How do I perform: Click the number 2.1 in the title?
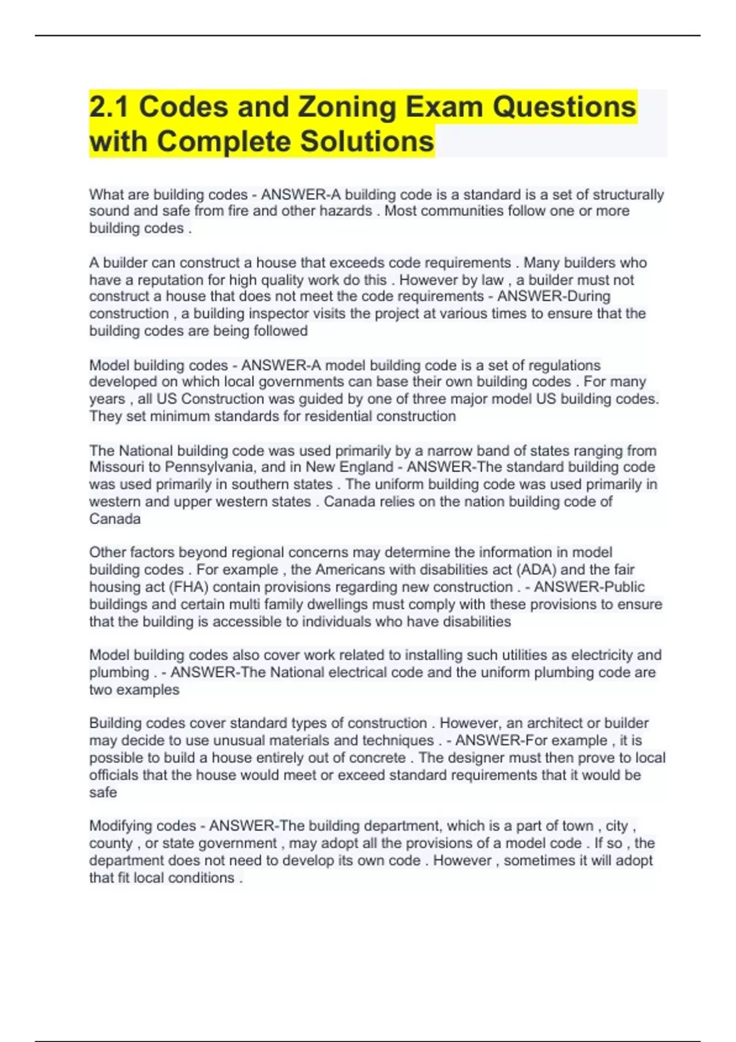pos(108,107)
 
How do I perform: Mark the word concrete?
pos(376,758)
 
